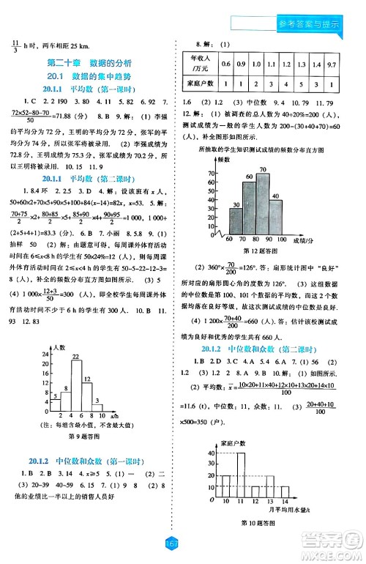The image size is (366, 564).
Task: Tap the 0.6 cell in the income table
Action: tap(226, 64)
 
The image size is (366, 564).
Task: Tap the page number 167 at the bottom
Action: tap(183, 544)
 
